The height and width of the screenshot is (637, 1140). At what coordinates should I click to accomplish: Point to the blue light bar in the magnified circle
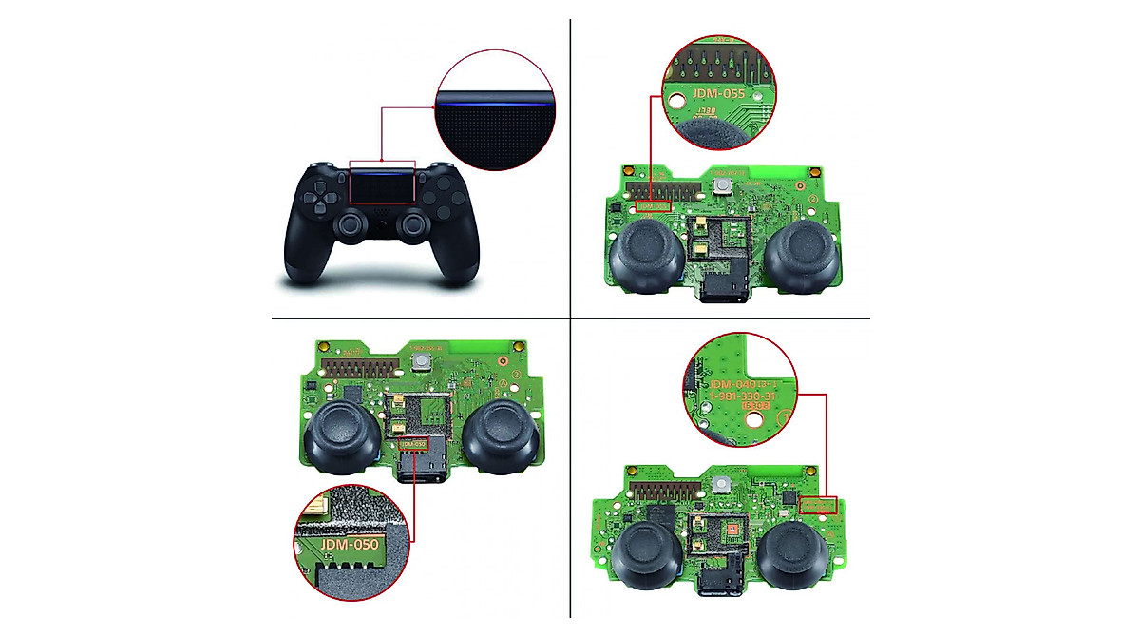494,93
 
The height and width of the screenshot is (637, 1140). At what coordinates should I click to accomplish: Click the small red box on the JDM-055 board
654,205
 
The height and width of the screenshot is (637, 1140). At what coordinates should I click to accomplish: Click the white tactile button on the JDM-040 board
724,485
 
